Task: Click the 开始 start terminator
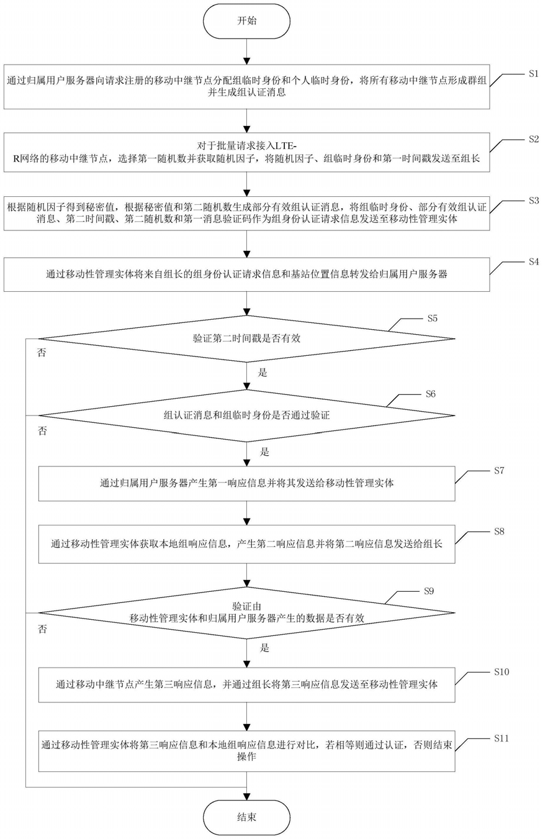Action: point(246,21)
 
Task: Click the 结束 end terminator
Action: point(246,817)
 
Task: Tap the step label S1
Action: point(534,74)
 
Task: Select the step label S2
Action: point(534,139)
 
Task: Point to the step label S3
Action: point(534,201)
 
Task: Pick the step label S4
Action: point(534,262)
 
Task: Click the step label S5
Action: point(433,319)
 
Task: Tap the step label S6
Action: point(431,394)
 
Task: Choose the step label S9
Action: point(429,591)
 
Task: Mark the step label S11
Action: point(501,738)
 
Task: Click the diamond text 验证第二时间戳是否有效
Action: point(246,338)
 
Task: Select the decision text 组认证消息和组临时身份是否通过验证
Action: point(246,415)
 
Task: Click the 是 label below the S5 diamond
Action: point(263,373)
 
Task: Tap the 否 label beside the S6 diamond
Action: point(42,431)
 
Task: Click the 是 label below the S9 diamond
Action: point(264,648)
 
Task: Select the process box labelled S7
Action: point(246,484)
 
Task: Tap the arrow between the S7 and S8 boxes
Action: point(246,513)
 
